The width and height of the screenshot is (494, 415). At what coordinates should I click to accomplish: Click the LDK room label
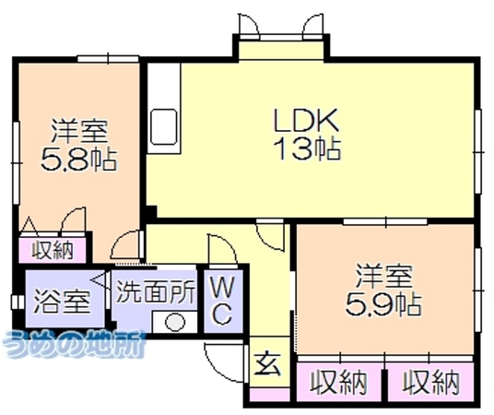tap(306, 120)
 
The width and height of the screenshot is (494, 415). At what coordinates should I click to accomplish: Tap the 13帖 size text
tap(307, 148)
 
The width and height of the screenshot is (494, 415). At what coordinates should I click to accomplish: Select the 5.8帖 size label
tap(78, 160)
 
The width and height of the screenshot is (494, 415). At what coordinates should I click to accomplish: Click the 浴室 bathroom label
tap(62, 302)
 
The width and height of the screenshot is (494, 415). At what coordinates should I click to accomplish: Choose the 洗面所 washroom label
tap(156, 292)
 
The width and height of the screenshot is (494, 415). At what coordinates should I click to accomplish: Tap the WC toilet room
tap(223, 302)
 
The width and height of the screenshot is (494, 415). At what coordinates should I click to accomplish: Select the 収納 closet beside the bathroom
tap(53, 250)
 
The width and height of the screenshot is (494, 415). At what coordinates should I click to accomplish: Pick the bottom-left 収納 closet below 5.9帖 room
tap(339, 382)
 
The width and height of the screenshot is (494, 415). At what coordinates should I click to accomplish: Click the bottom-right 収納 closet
tap(430, 382)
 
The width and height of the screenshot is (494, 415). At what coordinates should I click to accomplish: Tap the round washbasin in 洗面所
tap(175, 323)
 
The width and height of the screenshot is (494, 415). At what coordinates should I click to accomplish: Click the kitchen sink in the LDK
tap(163, 126)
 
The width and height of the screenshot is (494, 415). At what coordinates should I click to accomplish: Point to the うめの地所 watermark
tap(73, 344)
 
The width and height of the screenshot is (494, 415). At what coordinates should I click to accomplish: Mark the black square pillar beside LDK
tap(151, 211)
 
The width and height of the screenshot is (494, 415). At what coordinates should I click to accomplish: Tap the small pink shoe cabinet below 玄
tap(270, 394)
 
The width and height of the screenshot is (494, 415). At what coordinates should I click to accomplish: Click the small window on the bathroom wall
tap(17, 302)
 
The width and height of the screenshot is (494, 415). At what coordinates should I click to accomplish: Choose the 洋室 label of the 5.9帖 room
tap(383, 277)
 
